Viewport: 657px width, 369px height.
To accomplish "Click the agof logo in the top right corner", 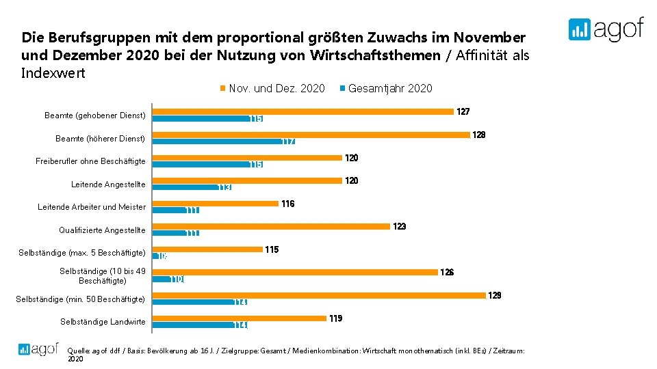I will [x=606, y=29].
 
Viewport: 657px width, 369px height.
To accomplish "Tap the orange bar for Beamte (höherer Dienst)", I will [x=311, y=135].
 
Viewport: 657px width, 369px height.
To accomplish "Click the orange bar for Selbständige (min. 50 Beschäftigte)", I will [x=318, y=295].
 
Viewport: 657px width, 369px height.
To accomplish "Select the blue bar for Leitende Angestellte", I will [x=192, y=187].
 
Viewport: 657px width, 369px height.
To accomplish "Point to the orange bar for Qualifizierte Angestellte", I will [x=271, y=226].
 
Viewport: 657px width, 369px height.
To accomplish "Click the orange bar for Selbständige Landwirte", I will [x=239, y=318].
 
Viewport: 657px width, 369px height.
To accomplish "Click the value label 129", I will [x=494, y=295].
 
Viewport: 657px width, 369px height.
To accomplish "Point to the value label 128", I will [x=479, y=135].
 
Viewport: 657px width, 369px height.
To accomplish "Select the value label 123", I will [x=399, y=226].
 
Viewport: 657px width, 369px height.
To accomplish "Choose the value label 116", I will [x=287, y=204].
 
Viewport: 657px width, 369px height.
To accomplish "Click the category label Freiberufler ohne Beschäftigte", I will [x=90, y=161].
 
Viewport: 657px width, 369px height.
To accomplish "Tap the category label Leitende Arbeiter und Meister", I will [x=92, y=207].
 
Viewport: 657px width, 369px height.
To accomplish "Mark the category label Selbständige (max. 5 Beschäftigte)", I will [x=82, y=253].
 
